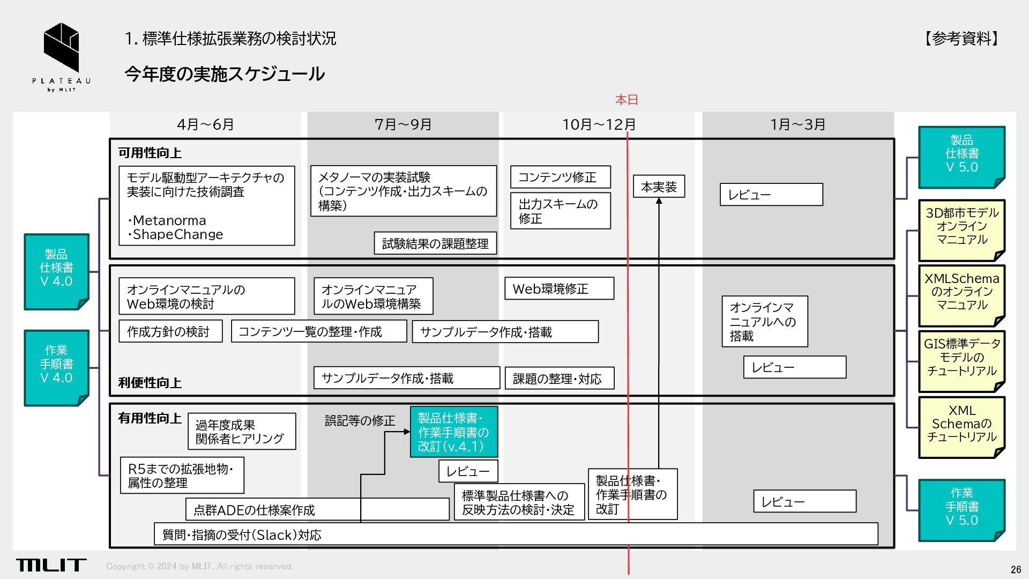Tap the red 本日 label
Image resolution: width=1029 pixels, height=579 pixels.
(627, 100)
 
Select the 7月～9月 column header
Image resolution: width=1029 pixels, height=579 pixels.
(403, 124)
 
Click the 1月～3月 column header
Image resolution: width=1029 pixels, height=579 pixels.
(797, 124)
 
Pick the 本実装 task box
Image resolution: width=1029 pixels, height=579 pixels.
(659, 187)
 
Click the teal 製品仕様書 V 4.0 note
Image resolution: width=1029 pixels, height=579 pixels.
(56, 271)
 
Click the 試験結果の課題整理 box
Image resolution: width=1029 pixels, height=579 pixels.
(435, 244)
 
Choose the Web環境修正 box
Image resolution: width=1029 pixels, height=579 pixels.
(559, 289)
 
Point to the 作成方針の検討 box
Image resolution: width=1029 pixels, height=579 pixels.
(170, 332)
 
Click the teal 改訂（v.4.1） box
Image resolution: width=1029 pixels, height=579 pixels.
(453, 432)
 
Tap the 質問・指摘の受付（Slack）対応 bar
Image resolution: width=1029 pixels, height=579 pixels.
(516, 535)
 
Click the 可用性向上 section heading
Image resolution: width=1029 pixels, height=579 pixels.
(150, 153)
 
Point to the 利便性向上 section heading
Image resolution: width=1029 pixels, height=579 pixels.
(150, 383)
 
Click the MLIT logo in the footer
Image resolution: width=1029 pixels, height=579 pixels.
(51, 565)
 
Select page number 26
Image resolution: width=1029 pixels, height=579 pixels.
(1016, 569)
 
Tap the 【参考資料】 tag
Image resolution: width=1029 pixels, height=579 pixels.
(961, 39)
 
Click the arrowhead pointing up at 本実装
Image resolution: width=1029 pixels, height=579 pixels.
(659, 201)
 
